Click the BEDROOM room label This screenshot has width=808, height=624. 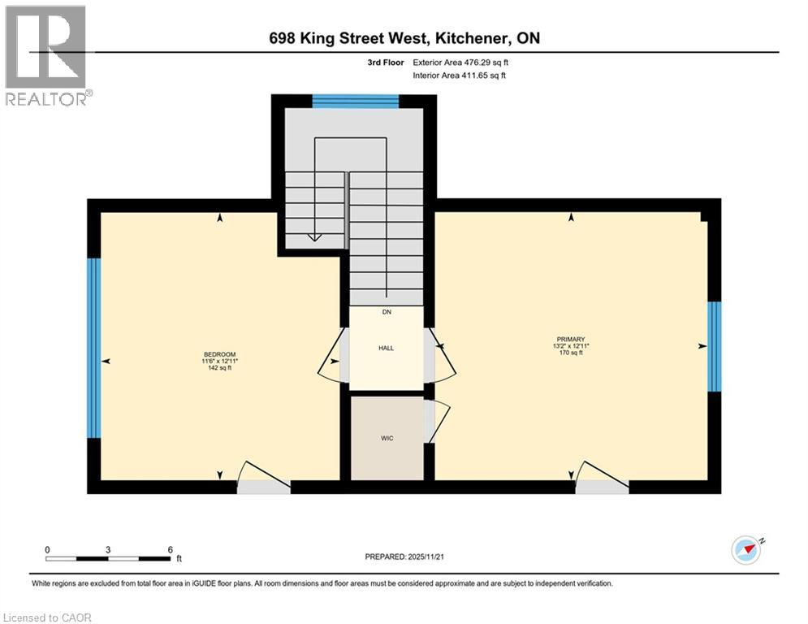(x=219, y=354)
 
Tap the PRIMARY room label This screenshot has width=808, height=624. (x=571, y=340)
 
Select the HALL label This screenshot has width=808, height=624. (x=386, y=348)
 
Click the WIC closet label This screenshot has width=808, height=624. (x=387, y=439)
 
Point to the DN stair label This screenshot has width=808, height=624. (x=387, y=312)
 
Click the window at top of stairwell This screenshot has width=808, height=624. (x=355, y=101)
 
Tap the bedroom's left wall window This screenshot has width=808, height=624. (x=94, y=348)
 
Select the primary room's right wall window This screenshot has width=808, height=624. (x=715, y=346)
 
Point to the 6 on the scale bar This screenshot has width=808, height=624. (x=170, y=549)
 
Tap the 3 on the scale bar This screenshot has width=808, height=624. (x=108, y=549)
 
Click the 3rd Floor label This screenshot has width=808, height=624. (x=387, y=62)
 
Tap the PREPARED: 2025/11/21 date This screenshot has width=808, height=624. (x=406, y=557)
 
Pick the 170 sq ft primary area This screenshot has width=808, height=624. (x=571, y=353)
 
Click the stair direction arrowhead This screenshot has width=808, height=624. (x=314, y=236)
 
